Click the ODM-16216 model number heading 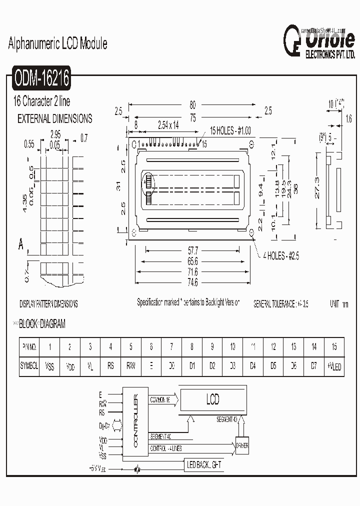click(42, 78)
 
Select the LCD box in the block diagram click(213, 399)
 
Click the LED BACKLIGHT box click(204, 465)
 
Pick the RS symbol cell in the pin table click(110, 366)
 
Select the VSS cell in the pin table click(49, 366)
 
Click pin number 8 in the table click(191, 346)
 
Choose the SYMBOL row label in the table click(29, 366)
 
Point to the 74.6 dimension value click(192, 282)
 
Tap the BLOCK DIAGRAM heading click(42, 324)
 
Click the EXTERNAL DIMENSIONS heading click(55, 119)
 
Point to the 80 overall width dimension click(192, 105)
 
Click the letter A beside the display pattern click(21, 245)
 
